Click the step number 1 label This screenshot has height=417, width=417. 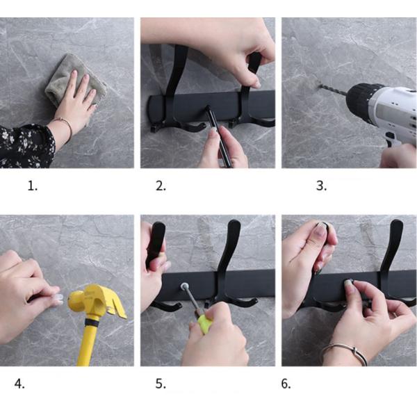tap(32, 186)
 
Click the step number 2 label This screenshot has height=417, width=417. tap(161, 186)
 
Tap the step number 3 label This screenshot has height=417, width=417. tap(320, 186)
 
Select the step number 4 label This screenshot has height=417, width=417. tap(19, 383)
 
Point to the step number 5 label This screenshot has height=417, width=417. tap(161, 383)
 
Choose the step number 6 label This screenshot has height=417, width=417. tap(286, 383)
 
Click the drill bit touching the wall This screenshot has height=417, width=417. tap(334, 90)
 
